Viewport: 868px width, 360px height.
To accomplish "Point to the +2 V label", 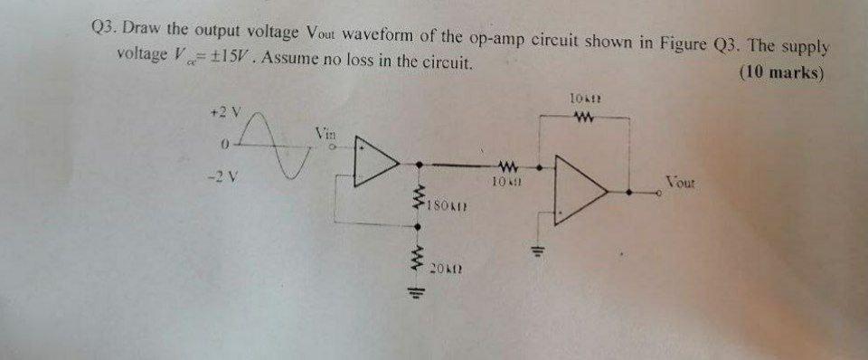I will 222,113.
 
